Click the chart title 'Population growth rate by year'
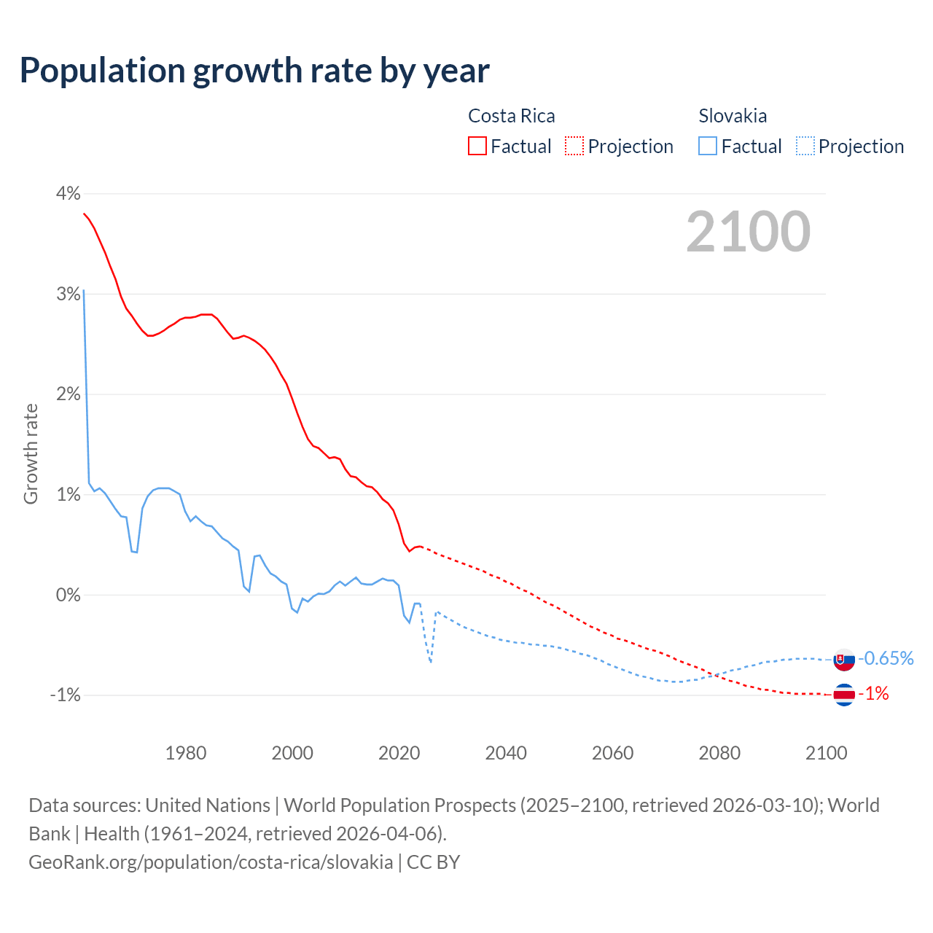254,71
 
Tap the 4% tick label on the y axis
68,193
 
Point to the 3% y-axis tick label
68,294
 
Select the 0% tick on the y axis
68,595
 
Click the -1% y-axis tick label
65,695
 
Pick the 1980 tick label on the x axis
186,753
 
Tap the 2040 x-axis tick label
506,753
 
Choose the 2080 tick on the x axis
719,753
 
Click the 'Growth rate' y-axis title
31,453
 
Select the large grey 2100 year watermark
748,232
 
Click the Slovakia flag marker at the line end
843,660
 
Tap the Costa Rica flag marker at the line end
843,695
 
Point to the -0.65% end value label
886,658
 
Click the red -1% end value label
873,694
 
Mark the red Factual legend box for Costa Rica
477,147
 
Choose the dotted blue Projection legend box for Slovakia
805,147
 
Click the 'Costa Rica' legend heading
511,116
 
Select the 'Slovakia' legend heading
733,116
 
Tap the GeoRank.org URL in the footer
211,862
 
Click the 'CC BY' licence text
434,862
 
